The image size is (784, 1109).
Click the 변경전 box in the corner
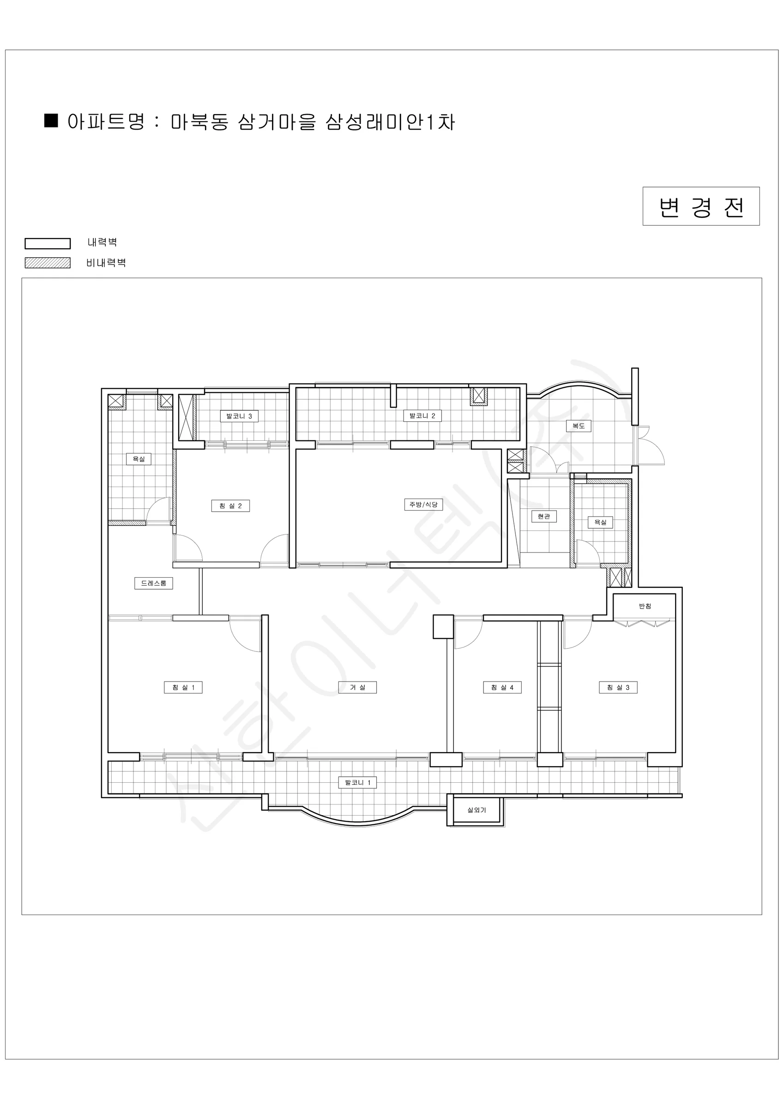pyautogui.click(x=700, y=206)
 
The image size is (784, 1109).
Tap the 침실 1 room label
pyautogui.click(x=183, y=687)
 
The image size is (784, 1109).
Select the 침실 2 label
pyautogui.click(x=230, y=506)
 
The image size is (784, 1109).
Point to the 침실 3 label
pyautogui.click(x=618, y=687)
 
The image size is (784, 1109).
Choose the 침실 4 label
pyautogui.click(x=502, y=687)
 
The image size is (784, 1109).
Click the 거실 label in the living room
pyautogui.click(x=358, y=687)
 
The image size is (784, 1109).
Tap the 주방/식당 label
pyautogui.click(x=423, y=505)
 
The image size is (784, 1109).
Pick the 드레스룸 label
pyautogui.click(x=153, y=583)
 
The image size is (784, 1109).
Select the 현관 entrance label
pyautogui.click(x=544, y=516)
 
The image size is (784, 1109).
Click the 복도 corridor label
pyautogui.click(x=579, y=426)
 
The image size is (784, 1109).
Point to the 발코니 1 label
pyautogui.click(x=357, y=782)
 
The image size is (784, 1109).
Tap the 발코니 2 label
pyautogui.click(x=422, y=415)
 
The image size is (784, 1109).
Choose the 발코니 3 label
pyautogui.click(x=239, y=416)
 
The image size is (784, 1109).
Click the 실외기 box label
pyautogui.click(x=477, y=810)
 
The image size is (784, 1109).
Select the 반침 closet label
pyautogui.click(x=645, y=606)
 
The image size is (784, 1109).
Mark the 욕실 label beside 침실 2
pyautogui.click(x=139, y=459)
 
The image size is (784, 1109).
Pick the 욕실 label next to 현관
pyautogui.click(x=600, y=522)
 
